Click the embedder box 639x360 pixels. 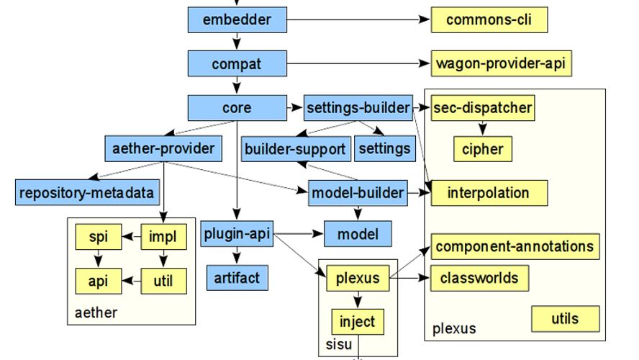(x=237, y=20)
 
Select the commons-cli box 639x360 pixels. (x=489, y=20)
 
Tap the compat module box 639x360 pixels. (x=237, y=64)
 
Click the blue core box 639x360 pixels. (x=237, y=107)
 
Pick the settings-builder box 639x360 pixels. (x=358, y=107)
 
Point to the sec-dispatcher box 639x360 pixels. (x=483, y=109)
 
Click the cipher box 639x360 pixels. (x=482, y=149)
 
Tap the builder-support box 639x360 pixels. (x=295, y=150)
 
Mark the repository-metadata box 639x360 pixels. (x=86, y=192)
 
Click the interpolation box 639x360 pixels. (x=489, y=192)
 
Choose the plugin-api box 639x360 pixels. (x=237, y=235)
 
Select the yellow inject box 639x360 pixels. (x=358, y=321)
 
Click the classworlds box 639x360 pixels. (x=479, y=277)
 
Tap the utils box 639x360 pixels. (x=565, y=318)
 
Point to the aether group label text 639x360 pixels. (x=95, y=312)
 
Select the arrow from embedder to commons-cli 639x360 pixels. (x=353, y=20)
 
